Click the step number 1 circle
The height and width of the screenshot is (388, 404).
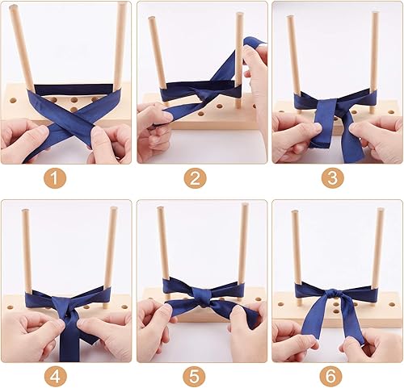55,177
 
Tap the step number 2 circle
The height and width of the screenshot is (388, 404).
196,177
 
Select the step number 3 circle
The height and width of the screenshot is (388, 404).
332,177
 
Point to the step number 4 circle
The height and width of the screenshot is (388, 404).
55,376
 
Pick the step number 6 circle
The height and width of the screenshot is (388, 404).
330,376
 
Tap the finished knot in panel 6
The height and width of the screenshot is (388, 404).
335,293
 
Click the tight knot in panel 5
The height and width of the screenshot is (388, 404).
200,297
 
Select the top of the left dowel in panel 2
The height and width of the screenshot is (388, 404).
152,19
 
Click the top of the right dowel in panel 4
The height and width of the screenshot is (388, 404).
114,209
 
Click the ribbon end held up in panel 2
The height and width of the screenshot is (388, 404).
254,43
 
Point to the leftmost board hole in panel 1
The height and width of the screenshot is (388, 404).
13,101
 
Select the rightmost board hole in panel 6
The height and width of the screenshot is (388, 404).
391,305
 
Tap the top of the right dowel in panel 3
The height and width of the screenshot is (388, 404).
374,14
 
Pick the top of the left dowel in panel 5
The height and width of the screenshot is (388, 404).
161,209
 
